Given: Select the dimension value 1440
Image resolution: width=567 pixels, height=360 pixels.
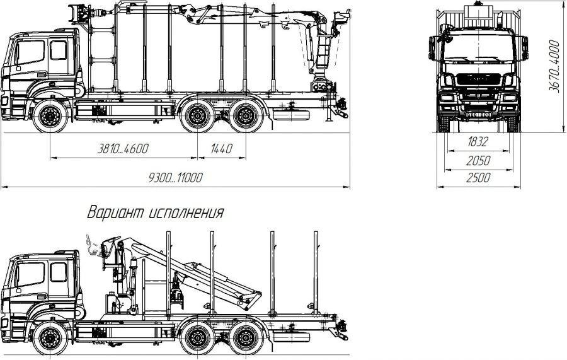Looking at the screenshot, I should pos(220,149).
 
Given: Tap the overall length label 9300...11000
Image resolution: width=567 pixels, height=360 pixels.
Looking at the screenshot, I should pos(175,178).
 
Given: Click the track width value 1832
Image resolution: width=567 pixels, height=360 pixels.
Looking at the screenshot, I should pos(478,142).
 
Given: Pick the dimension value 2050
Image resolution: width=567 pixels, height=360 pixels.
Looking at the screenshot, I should pos(478,161).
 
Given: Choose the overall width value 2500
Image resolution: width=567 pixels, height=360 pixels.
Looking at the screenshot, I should pos(478,178).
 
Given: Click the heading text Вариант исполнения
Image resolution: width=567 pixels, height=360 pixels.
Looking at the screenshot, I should pos(156,212).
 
